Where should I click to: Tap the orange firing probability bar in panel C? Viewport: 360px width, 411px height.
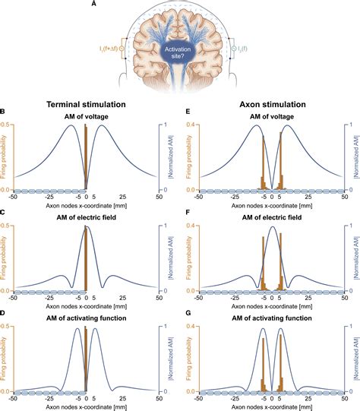(86, 258)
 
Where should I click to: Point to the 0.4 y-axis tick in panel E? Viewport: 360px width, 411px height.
(200, 125)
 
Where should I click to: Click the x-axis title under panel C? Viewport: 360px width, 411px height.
(86, 305)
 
